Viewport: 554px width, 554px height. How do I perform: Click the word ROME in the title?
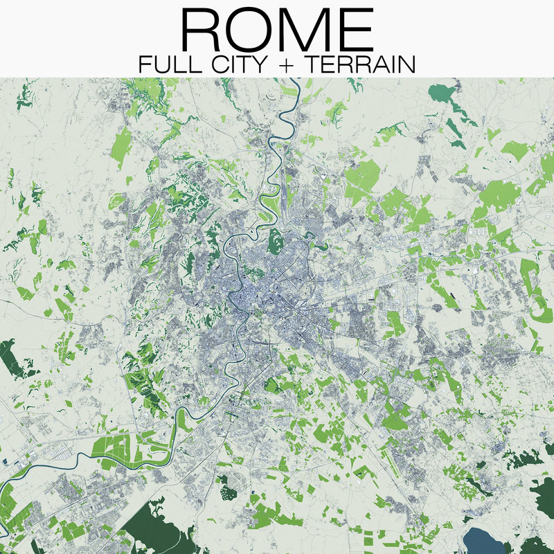point(277,30)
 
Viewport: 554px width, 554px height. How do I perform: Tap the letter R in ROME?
point(202,30)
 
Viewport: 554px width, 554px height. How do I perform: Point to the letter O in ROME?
point(251,30)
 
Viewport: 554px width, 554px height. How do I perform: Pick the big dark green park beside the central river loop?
point(275,239)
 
